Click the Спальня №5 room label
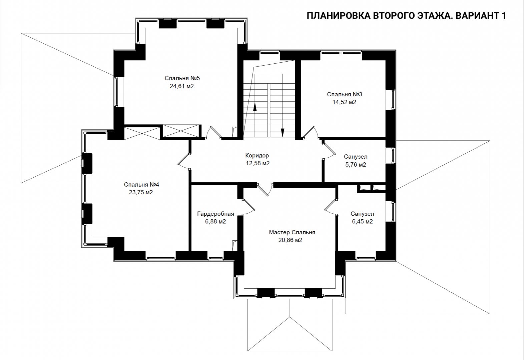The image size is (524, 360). (182, 78)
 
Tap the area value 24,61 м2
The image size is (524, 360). (182, 86)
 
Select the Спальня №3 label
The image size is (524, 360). (344, 94)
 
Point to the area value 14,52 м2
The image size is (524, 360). (344, 102)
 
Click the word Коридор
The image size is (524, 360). (257, 156)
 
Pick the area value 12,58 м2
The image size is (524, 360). (257, 163)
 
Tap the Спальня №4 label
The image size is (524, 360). (141, 185)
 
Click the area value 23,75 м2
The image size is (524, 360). (141, 192)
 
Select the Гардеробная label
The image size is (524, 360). (215, 214)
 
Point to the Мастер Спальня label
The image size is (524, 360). (292, 232)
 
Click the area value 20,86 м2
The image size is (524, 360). (290, 240)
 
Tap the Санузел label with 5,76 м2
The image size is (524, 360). (356, 157)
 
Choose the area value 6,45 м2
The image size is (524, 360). (362, 221)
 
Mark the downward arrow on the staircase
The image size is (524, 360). (283, 132)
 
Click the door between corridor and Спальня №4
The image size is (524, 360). (184, 161)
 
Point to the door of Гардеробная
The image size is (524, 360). (249, 207)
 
